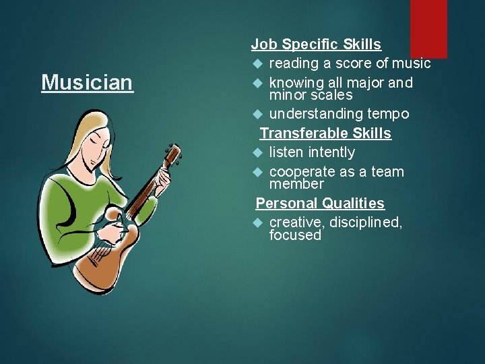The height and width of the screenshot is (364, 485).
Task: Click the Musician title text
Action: pos(87,83)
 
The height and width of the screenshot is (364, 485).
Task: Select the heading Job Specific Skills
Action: pos(316,44)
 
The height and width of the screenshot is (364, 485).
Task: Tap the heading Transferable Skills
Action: pos(325,133)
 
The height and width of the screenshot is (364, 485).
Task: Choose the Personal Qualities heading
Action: pos(320,204)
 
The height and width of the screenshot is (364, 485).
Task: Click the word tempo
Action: pos(387,114)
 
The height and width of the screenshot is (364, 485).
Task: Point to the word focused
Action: pos(295,235)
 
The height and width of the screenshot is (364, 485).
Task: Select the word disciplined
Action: pos(366,222)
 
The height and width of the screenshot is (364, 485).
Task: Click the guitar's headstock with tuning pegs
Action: pos(174,156)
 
